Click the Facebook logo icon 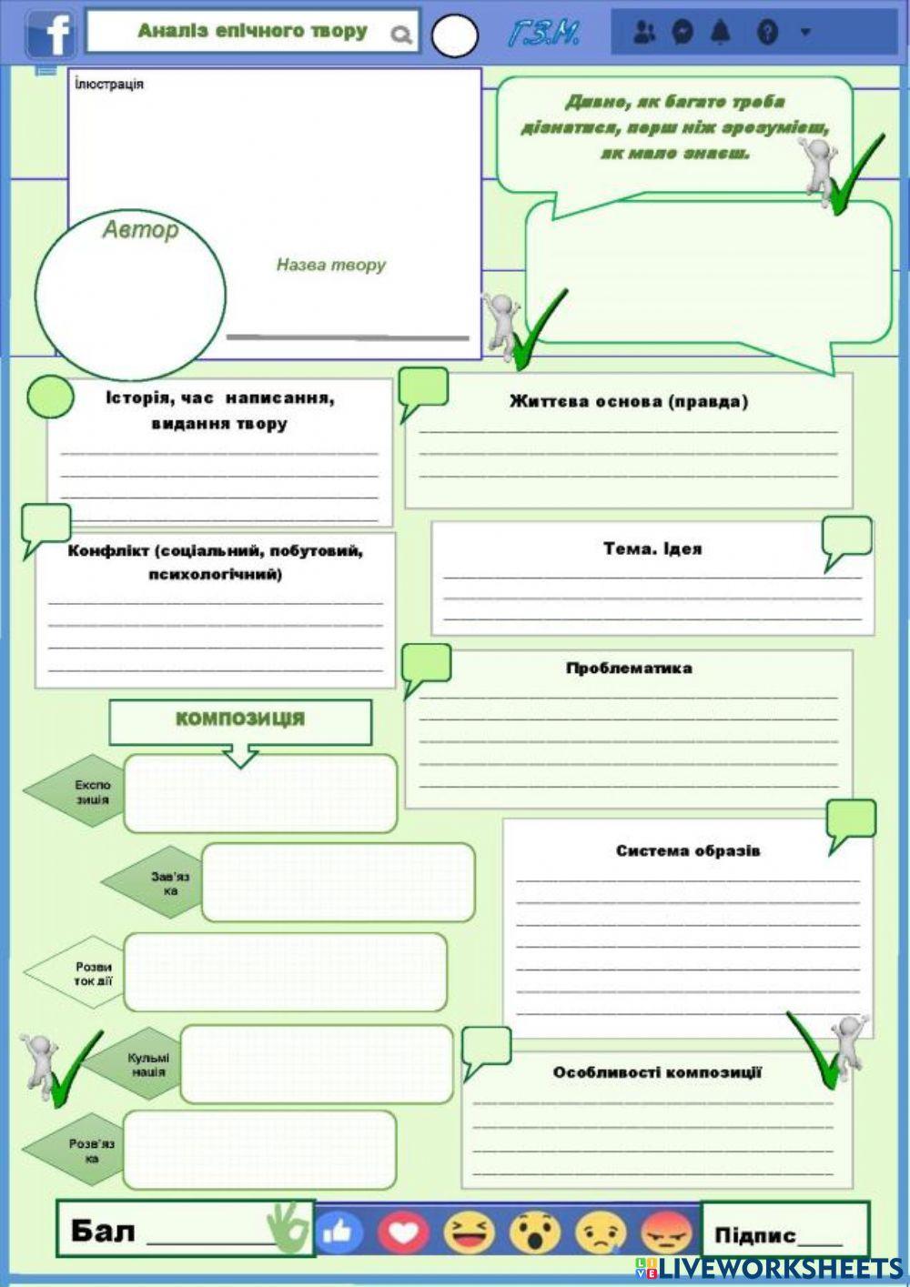pos(51,34)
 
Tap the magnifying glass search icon pos(400,35)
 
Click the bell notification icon pos(721,32)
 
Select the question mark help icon pos(767,33)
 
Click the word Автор pos(140,229)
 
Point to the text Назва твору pos(331,265)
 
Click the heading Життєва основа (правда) pos(629,401)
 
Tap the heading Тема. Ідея pos(652,548)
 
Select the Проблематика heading pos(629,668)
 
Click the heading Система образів pos(687,850)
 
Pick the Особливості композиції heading pos(657,1072)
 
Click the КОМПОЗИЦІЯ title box pos(240,719)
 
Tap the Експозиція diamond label pos(91,792)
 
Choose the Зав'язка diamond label pos(169,883)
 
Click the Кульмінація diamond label pos(147,1064)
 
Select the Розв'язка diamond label pos(91,1151)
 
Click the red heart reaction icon pos(403,1232)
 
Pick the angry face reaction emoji pos(666,1233)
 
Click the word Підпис pos(754,1234)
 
